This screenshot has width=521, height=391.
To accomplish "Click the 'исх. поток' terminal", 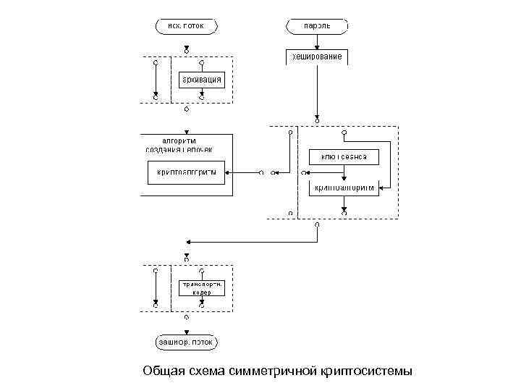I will tap(186, 27).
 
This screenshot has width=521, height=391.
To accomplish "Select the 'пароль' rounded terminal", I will tap(317, 27).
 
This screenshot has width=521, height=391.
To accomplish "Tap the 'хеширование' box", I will tap(317, 56).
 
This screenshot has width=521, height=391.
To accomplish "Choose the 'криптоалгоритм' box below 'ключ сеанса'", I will tap(344, 188).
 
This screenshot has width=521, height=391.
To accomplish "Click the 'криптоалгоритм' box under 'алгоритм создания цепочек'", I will tap(187, 173).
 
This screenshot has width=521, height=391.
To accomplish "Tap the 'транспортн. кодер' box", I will tap(202, 288).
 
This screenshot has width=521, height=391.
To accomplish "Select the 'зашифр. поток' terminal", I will tap(186, 341).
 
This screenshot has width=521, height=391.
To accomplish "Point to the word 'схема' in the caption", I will tap(205, 371).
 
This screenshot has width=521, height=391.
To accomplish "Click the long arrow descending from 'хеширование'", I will tap(317, 87).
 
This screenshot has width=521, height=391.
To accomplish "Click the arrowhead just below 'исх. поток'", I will tap(186, 49).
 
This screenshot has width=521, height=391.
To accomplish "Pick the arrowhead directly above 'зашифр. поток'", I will tap(186, 329).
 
